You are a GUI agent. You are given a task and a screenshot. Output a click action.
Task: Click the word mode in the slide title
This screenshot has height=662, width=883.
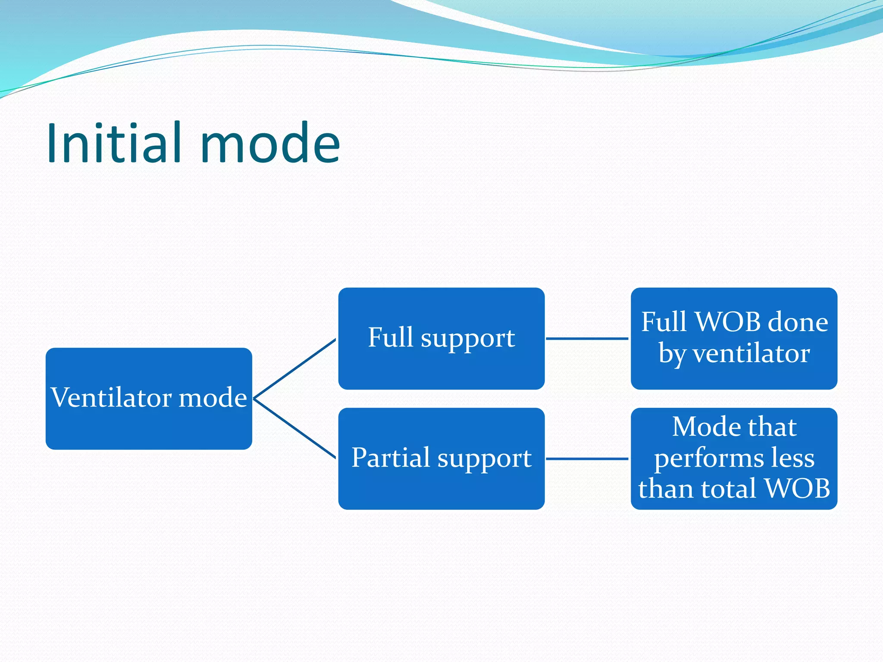270,143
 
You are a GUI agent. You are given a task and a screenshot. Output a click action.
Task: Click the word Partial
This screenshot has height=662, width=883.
391,457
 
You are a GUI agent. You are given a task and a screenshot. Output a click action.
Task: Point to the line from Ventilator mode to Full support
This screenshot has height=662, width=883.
295,368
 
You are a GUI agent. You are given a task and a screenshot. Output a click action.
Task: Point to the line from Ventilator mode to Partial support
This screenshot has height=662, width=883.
295,429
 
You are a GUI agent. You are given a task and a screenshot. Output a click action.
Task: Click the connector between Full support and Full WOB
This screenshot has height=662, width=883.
587,339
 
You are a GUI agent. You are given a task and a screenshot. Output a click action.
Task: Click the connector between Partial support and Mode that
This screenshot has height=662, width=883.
587,459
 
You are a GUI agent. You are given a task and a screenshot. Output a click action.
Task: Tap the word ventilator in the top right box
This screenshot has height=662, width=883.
751,354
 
